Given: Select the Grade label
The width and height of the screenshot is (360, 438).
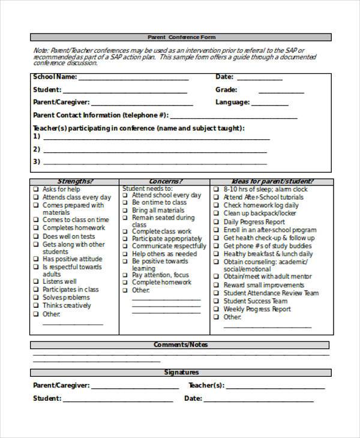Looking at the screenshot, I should tap(226, 90).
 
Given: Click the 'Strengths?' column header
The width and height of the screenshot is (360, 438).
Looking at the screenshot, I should tap(74, 181).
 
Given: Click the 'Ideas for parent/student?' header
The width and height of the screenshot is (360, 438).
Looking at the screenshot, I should tap(272, 181).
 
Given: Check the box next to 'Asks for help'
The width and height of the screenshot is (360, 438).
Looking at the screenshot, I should tap(37, 189).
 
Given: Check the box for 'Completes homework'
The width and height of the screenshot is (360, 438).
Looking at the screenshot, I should tap(37, 229).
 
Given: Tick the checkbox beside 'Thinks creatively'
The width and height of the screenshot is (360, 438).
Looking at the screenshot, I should tap(37, 306).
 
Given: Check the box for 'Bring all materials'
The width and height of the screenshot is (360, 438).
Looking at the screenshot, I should tap(126, 211).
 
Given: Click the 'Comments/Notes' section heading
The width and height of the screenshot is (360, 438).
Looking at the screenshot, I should tap(181, 345).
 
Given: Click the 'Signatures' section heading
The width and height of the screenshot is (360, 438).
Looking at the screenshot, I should tap(181, 373).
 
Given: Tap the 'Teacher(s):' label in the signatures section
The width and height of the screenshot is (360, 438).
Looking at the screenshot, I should tap(206, 386).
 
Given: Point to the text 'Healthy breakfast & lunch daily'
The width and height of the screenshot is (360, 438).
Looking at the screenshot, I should tap(268, 254).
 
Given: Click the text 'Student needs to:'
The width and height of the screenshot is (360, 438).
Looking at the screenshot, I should tap(147, 188).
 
